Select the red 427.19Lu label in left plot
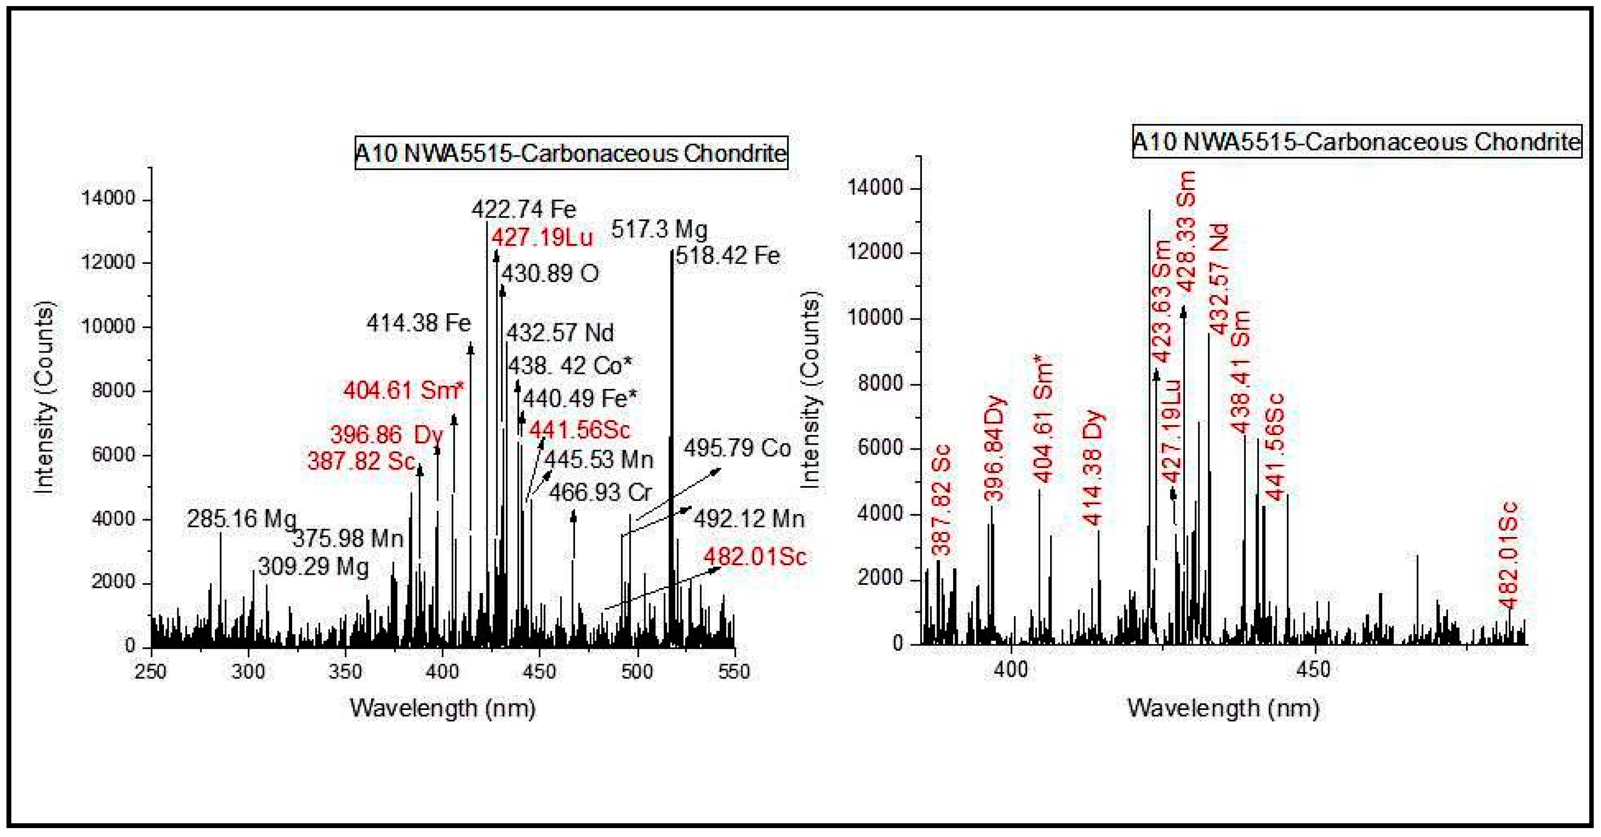(542, 237)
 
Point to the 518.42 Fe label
(727, 255)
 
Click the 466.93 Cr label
(601, 493)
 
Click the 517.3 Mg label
(659, 230)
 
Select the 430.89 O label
(550, 274)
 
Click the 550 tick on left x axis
(734, 672)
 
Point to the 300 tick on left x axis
(248, 672)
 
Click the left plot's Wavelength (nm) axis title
(442, 708)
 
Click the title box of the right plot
(1356, 142)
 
